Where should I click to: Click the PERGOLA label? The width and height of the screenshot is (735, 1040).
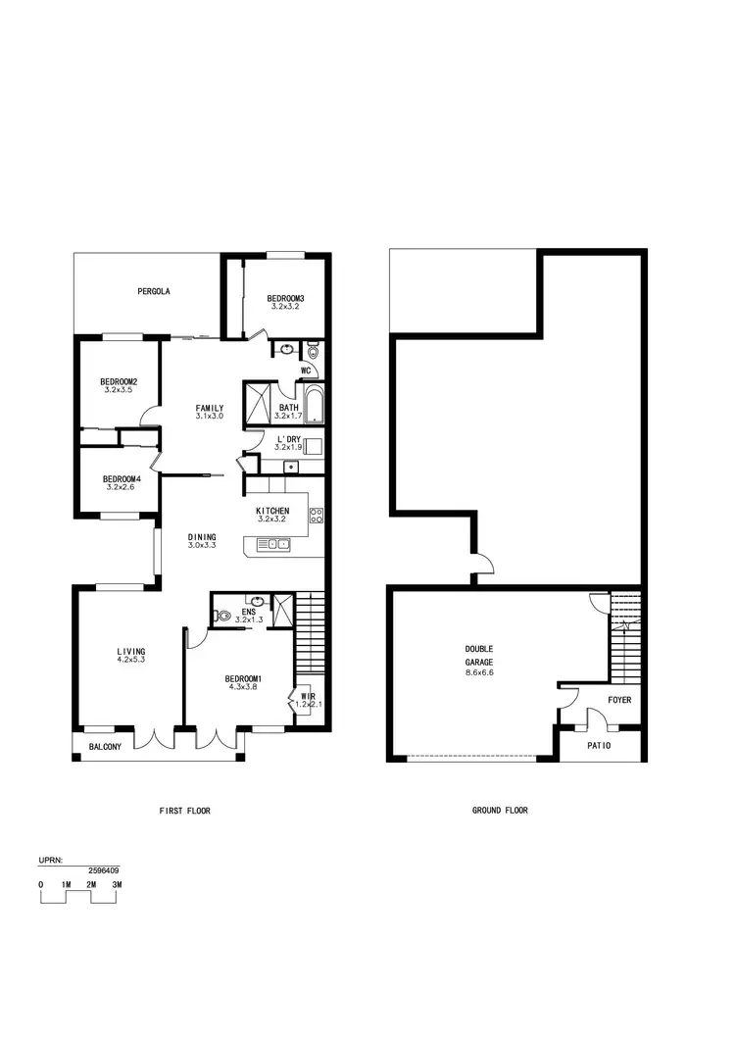(x=155, y=291)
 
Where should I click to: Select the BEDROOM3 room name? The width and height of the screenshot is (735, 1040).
(x=285, y=298)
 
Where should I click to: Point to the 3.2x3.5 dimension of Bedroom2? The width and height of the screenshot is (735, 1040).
(x=118, y=390)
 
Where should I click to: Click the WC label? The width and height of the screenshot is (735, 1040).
(x=306, y=371)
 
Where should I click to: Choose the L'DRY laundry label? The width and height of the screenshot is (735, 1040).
(x=287, y=438)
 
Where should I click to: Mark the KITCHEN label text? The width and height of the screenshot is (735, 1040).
(x=272, y=511)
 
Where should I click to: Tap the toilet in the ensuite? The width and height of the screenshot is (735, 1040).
(x=222, y=617)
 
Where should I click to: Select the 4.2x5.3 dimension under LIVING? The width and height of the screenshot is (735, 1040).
(x=130, y=660)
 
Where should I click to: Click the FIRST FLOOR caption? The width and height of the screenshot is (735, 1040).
(x=185, y=811)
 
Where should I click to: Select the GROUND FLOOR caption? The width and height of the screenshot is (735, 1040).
(x=500, y=811)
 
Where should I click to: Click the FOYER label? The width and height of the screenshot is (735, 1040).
(x=619, y=700)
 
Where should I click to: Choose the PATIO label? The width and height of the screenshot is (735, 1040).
(x=599, y=746)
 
